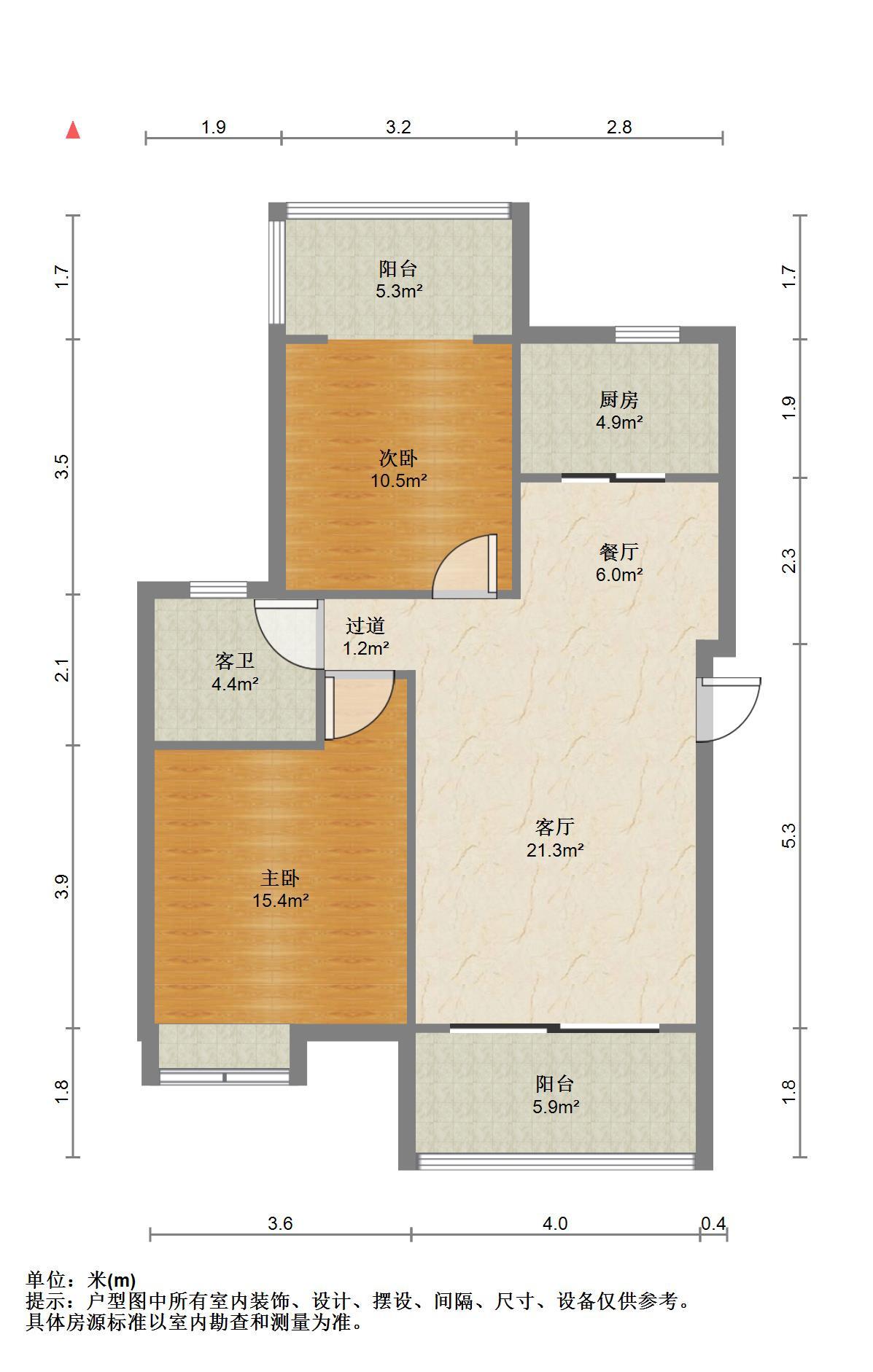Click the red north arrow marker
coord(73,130)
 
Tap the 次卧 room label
coord(398,458)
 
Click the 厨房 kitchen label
coord(619,399)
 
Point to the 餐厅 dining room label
coord(619,552)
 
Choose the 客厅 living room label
coord(555,827)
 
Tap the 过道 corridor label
coord(365,625)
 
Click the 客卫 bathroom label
coord(235,661)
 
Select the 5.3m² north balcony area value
coord(399,292)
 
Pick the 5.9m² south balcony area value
coord(556,1107)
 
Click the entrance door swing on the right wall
coord(729,709)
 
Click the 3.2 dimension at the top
coord(398,127)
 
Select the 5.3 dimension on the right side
coord(788,835)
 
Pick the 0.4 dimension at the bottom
coord(713,1223)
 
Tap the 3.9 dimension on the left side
coord(63,886)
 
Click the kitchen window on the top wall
coord(648,334)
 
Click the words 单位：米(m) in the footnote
coord(81,1279)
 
